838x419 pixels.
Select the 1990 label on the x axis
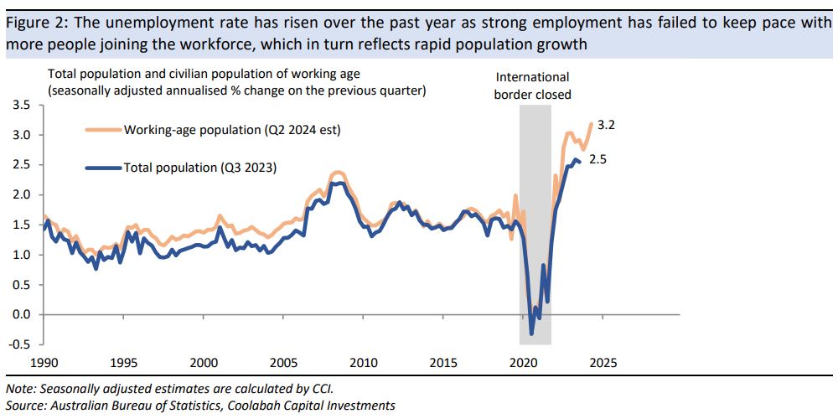pyautogui.click(x=43, y=363)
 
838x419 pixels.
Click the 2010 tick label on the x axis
pyautogui.click(x=363, y=363)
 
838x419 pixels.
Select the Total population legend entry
pyautogui.click(x=199, y=168)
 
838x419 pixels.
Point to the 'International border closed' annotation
pyautogui.click(x=533, y=85)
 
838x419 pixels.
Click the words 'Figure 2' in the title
pyautogui.click(x=32, y=23)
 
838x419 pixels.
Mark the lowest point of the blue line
pyautogui.click(x=531, y=334)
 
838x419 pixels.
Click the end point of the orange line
pyautogui.click(x=592, y=124)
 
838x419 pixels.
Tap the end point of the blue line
pyautogui.click(x=580, y=162)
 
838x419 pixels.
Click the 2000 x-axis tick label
pyautogui.click(x=203, y=363)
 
